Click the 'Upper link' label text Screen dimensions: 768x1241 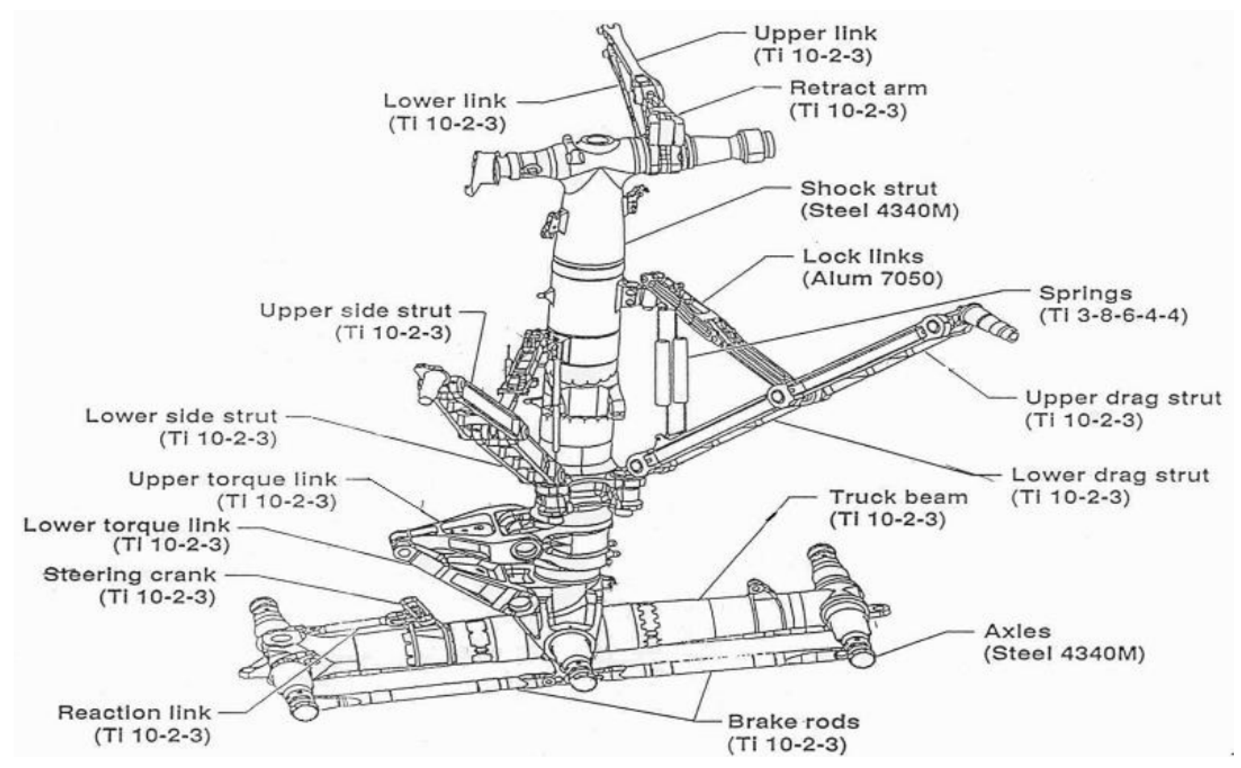pyautogui.click(x=814, y=34)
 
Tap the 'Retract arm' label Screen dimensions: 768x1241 pyautogui.click(x=858, y=88)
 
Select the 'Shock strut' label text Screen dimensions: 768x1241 pyautogui.click(x=868, y=189)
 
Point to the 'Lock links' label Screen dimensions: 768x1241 pyautogui.click(x=863, y=257)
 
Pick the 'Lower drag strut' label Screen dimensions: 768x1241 pyautogui.click(x=1110, y=476)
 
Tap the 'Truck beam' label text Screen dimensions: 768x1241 pyautogui.click(x=898, y=497)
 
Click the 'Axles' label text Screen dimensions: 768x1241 pyautogui.click(x=1017, y=631)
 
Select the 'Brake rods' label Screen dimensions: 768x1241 pyautogui.click(x=793, y=722)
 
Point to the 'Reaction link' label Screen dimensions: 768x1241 pyautogui.click(x=134, y=713)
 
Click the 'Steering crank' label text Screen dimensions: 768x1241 pyautogui.click(x=130, y=576)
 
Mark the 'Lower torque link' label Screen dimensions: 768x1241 pyautogui.click(x=127, y=525)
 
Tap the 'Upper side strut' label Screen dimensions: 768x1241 pyautogui.click(x=356, y=311)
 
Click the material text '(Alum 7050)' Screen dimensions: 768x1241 pyautogui.click(x=872, y=279)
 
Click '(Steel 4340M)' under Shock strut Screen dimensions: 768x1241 pyautogui.click(x=879, y=211)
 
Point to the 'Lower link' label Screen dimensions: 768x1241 pyautogui.click(x=445, y=101)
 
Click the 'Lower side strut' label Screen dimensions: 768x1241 pyautogui.click(x=181, y=417)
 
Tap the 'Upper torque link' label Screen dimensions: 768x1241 pyautogui.click(x=232, y=479)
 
